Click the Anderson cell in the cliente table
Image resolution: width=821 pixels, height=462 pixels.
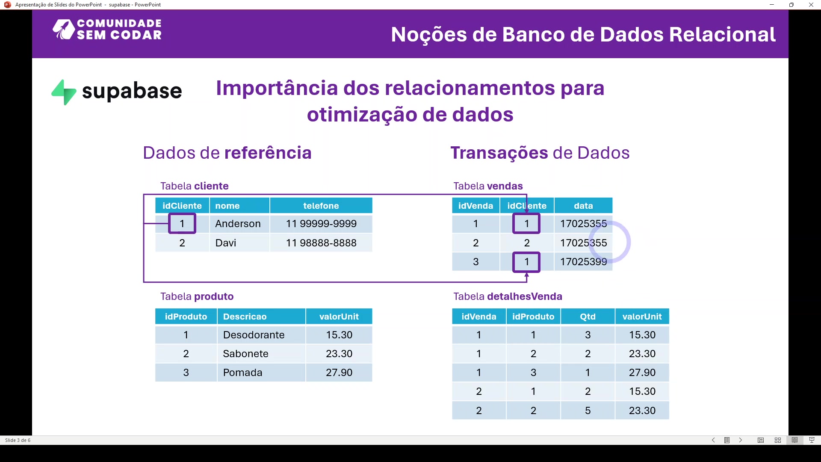click(x=238, y=224)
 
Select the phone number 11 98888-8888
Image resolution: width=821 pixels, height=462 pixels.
click(x=321, y=243)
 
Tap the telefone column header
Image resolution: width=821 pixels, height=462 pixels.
click(x=321, y=206)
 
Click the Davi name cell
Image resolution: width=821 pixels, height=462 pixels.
click(x=226, y=243)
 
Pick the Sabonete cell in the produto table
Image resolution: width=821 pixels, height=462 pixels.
click(x=245, y=354)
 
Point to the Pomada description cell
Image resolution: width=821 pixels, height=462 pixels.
click(x=242, y=373)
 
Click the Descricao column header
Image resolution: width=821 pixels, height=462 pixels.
click(x=245, y=317)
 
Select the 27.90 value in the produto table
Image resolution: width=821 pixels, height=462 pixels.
click(x=339, y=373)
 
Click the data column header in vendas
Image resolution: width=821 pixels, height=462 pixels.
click(x=583, y=206)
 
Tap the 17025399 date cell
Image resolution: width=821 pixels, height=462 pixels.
click(x=583, y=262)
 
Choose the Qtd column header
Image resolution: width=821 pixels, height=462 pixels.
click(x=588, y=317)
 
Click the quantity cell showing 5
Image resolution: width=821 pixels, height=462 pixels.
click(x=588, y=411)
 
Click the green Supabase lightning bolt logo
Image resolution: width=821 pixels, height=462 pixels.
click(x=64, y=92)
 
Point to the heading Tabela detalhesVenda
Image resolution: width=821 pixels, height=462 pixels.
click(x=508, y=296)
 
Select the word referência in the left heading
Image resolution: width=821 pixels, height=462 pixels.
click(x=268, y=153)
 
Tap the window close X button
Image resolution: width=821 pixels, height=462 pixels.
click(x=811, y=5)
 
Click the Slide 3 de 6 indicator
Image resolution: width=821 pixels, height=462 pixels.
click(x=18, y=440)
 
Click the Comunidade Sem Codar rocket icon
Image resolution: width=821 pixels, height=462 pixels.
click(x=63, y=30)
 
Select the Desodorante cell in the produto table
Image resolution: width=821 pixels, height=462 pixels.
click(x=254, y=335)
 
